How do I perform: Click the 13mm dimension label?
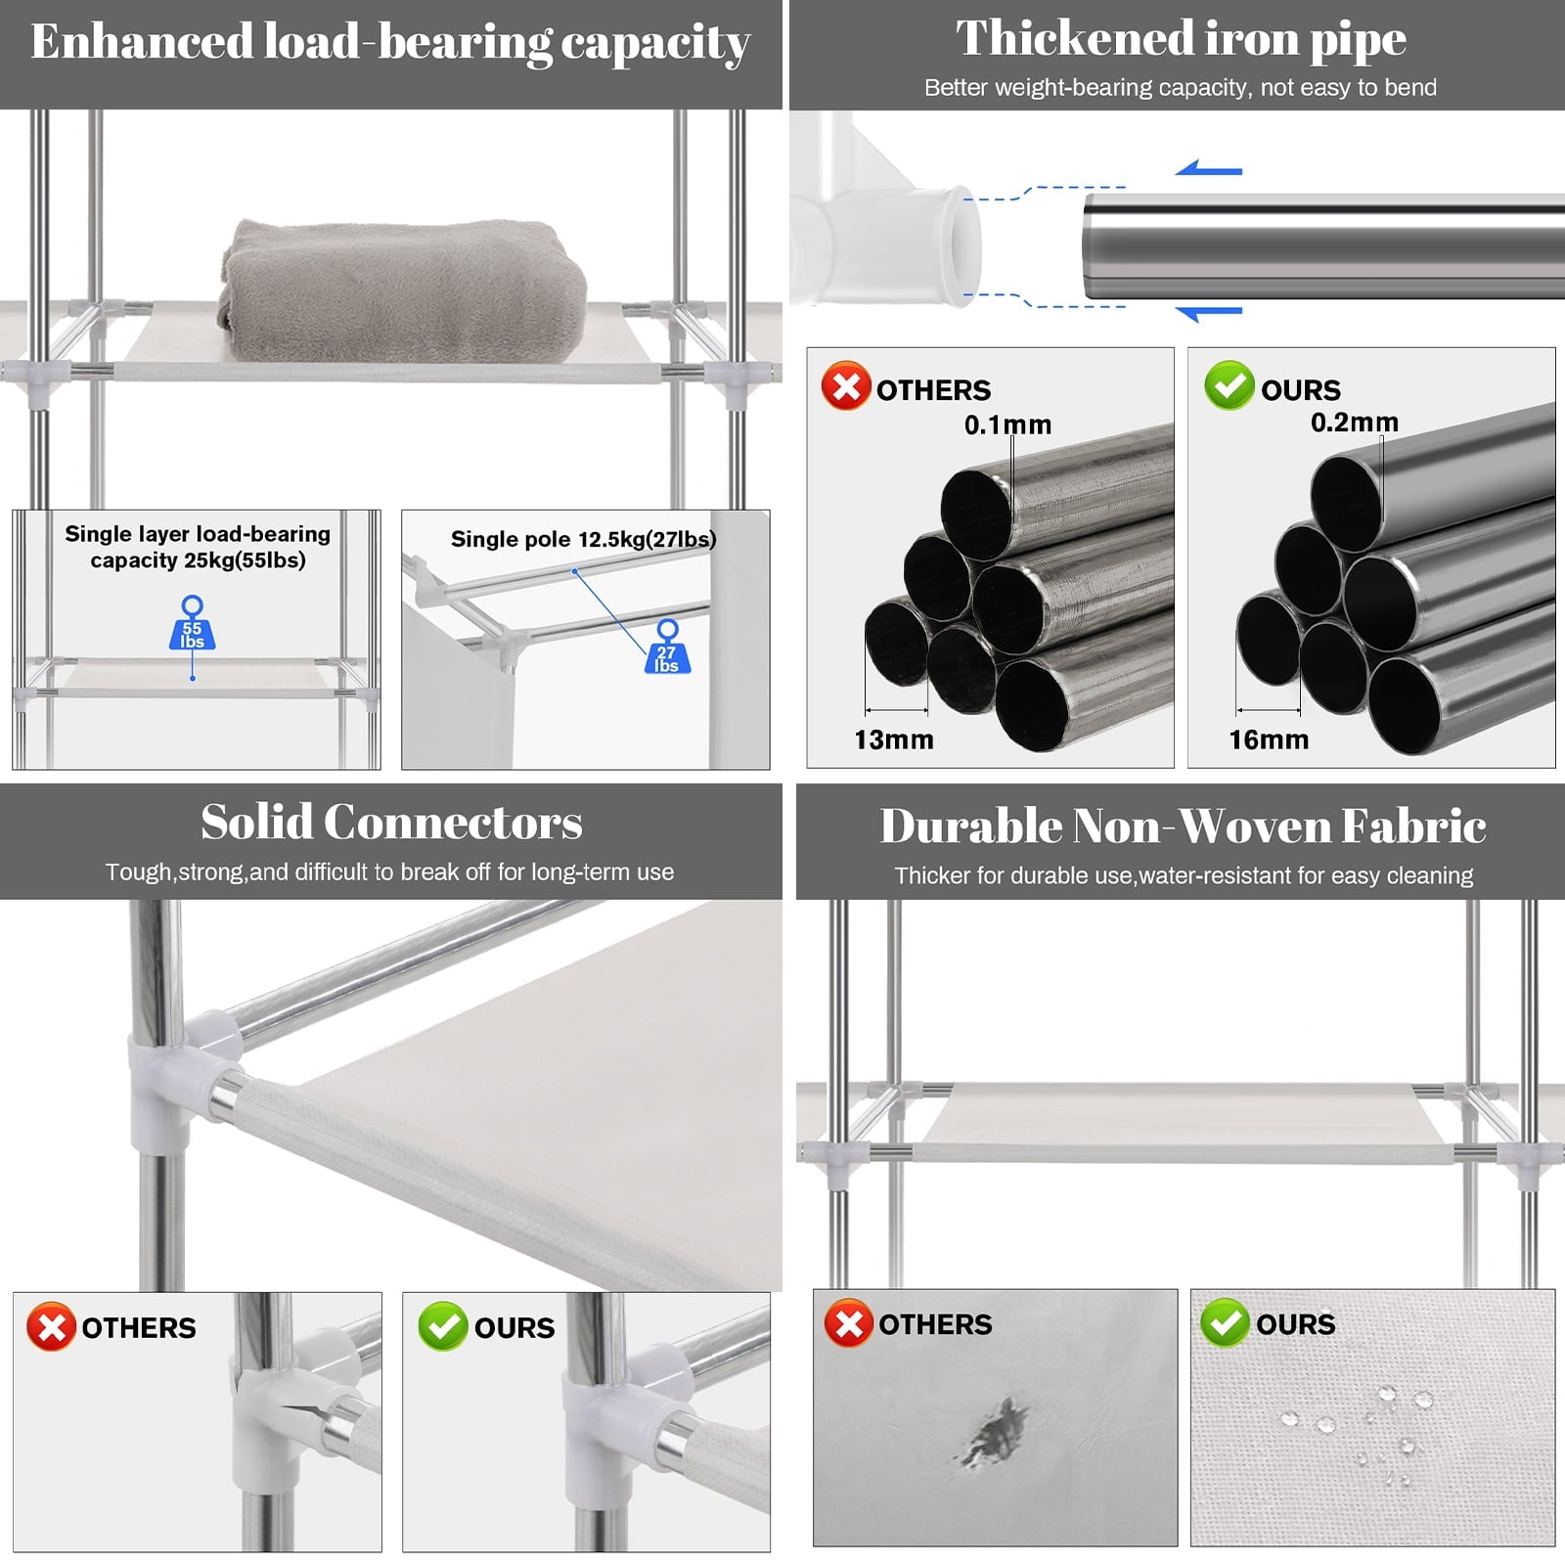pos(893,739)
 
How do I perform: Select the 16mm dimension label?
pos(1269,739)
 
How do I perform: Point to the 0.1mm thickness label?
pos(1007,425)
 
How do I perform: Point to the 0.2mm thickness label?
pos(1354,422)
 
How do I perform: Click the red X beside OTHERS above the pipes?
pos(846,385)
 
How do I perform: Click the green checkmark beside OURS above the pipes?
pos(1230,385)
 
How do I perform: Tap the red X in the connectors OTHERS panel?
pos(52,1326)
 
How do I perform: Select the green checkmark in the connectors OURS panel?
pos(443,1326)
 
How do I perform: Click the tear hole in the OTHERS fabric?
pos(996,1433)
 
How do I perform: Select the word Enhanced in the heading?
pos(143,42)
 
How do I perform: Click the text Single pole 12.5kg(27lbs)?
pos(583,539)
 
